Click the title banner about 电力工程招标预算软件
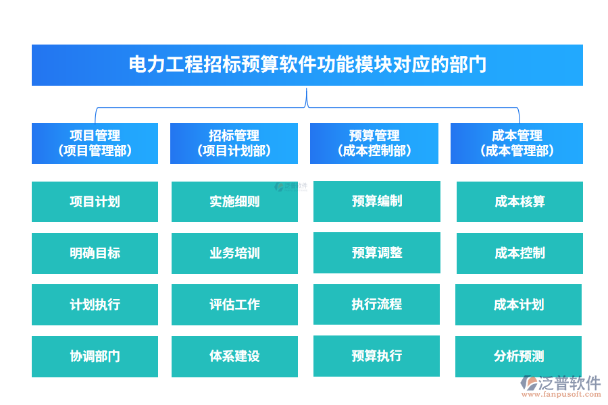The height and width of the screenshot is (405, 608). click(x=307, y=65)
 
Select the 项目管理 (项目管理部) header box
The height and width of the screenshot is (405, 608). click(x=95, y=143)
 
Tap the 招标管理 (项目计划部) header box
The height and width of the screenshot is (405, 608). click(x=234, y=143)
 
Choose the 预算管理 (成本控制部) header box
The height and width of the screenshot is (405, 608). click(x=374, y=143)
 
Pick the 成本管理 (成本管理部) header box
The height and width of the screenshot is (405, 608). click(x=516, y=143)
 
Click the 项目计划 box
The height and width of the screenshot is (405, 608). click(x=95, y=201)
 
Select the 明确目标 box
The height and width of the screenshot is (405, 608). click(x=95, y=253)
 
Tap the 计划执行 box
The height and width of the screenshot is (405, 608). click(x=95, y=304)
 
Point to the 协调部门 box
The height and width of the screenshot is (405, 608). click(x=95, y=356)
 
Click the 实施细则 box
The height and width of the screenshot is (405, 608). click(x=234, y=201)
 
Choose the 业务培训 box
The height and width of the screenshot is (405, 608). click(x=234, y=253)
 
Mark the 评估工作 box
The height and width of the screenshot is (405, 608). click(x=234, y=304)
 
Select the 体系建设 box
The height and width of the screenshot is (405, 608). click(x=234, y=356)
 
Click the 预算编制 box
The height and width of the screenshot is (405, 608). click(x=376, y=201)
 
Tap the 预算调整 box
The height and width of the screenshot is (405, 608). click(x=376, y=252)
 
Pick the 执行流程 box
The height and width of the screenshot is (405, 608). click(x=376, y=304)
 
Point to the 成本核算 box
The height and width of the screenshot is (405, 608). click(x=520, y=201)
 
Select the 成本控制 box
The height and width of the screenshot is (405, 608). click(x=520, y=253)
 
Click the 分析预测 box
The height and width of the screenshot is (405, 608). click(x=518, y=356)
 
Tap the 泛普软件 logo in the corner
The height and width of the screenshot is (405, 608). click(x=561, y=385)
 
